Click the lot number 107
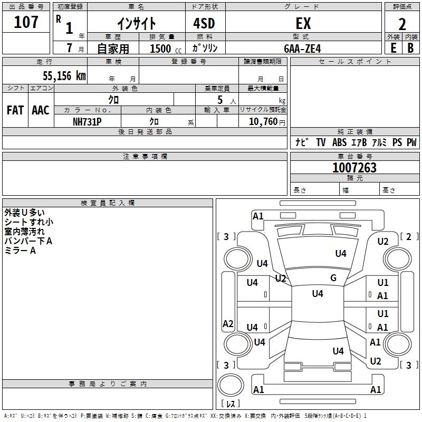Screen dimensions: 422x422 click(26, 22)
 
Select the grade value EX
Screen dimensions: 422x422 click(303, 23)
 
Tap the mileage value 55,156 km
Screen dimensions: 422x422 click(64, 75)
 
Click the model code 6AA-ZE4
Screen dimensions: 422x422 click(302, 49)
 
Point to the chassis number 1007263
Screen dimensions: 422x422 click(354, 168)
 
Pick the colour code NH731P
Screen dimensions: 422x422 click(87, 122)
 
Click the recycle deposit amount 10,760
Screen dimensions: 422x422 click(263, 121)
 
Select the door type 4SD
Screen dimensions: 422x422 click(204, 23)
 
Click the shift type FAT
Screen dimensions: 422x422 click(15, 110)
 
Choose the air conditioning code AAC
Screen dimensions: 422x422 click(41, 110)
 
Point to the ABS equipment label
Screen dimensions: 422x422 click(339, 142)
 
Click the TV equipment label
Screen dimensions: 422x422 click(321, 142)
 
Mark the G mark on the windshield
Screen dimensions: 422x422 click(333, 278)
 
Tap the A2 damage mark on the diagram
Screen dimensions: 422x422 click(228, 323)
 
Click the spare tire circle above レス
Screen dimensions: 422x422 click(231, 385)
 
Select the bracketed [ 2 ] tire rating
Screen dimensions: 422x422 click(409, 236)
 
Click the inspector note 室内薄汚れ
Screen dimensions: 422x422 click(24, 232)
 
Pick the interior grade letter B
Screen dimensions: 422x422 click(410, 48)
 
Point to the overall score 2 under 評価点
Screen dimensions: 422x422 click(402, 24)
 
